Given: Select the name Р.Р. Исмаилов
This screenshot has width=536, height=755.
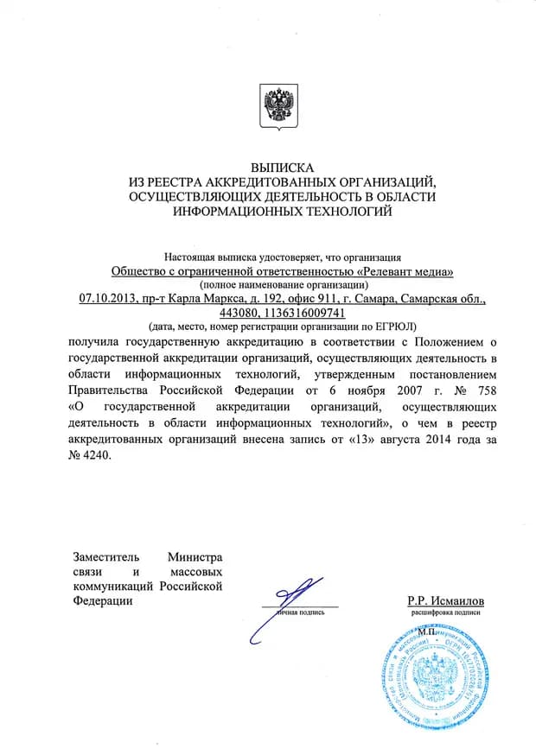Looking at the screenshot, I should point(445,600).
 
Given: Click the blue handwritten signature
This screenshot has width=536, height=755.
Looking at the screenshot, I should point(285,605).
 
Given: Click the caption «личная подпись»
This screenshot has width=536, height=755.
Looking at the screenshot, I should point(300,612).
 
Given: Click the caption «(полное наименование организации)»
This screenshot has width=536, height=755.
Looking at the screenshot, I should point(283,285).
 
